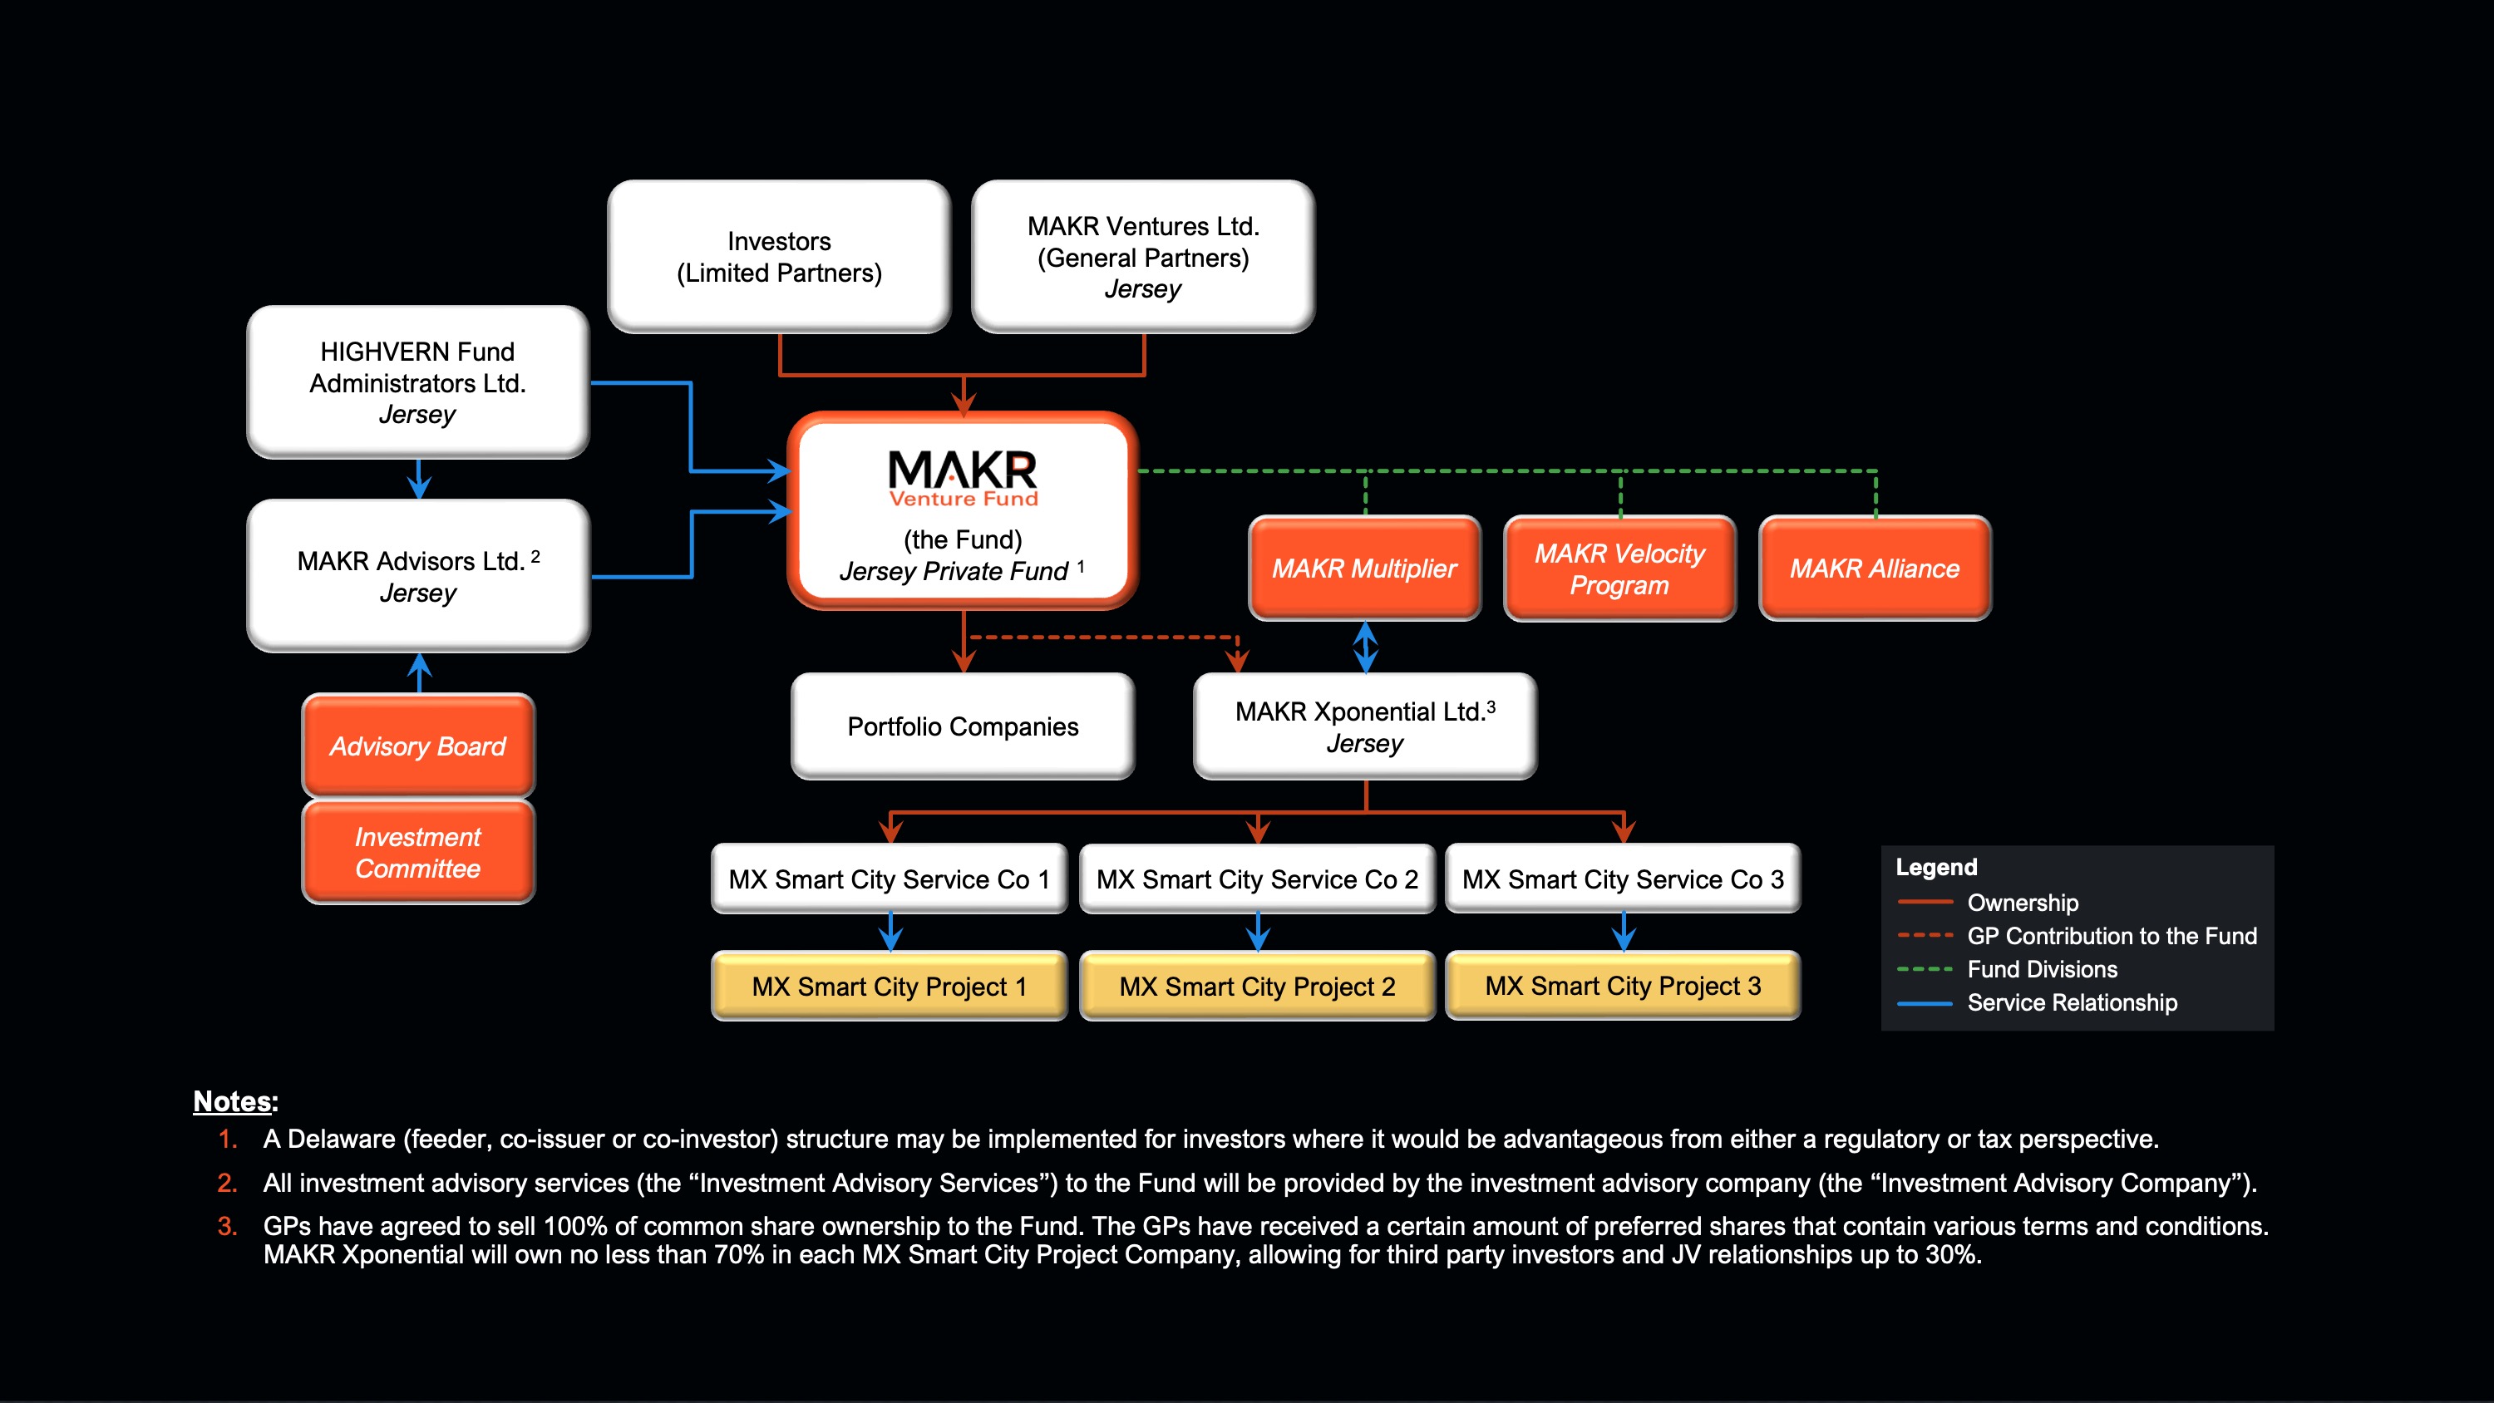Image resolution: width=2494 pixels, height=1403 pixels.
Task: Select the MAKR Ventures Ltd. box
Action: coord(1142,257)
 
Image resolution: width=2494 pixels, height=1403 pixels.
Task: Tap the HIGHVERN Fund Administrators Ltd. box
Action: coord(417,382)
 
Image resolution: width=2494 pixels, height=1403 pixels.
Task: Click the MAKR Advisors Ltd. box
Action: coord(417,576)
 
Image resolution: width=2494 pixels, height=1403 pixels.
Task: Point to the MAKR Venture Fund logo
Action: coord(963,477)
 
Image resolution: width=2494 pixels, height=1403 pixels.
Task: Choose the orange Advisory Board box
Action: coord(417,746)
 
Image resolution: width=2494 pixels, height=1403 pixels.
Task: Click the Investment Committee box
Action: coord(417,852)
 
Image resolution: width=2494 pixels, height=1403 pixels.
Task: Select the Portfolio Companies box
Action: coord(963,726)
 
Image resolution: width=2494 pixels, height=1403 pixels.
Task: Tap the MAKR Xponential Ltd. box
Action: coord(1364,726)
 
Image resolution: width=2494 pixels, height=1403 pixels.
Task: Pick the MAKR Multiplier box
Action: coord(1364,569)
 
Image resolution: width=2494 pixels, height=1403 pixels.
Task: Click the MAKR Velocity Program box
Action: coord(1619,569)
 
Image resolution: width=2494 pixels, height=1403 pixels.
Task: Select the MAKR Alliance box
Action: coord(1875,569)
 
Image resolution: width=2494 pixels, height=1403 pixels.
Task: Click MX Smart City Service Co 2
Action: coord(1257,879)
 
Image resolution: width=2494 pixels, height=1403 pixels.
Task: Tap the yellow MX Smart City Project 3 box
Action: coord(1623,986)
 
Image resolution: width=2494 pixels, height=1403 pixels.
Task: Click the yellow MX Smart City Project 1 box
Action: coord(889,986)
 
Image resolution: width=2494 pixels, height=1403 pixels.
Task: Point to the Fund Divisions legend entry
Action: coord(2041,969)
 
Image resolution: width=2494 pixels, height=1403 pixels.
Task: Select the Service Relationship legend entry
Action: coord(2071,1002)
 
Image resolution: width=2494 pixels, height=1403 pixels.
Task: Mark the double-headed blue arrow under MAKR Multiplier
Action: coord(1365,647)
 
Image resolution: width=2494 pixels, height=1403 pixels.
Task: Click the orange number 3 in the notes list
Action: coord(227,1226)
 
